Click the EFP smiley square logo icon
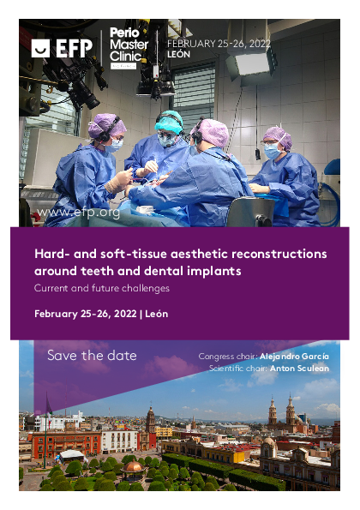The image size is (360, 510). click(x=40, y=49)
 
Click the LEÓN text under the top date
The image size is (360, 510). click(x=178, y=54)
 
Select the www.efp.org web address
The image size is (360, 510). click(x=78, y=213)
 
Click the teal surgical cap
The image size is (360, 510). click(x=169, y=122)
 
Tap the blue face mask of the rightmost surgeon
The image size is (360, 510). click(x=273, y=151)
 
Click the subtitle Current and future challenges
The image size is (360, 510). click(x=102, y=288)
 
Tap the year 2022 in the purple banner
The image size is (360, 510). click(x=125, y=314)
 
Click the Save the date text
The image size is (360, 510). click(x=92, y=356)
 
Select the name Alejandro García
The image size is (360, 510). click(x=294, y=357)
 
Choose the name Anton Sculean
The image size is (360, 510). click(x=299, y=369)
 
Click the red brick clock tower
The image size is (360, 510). click(x=150, y=428)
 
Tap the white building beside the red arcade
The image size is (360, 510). click(x=120, y=441)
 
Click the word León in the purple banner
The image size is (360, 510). click(x=156, y=314)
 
